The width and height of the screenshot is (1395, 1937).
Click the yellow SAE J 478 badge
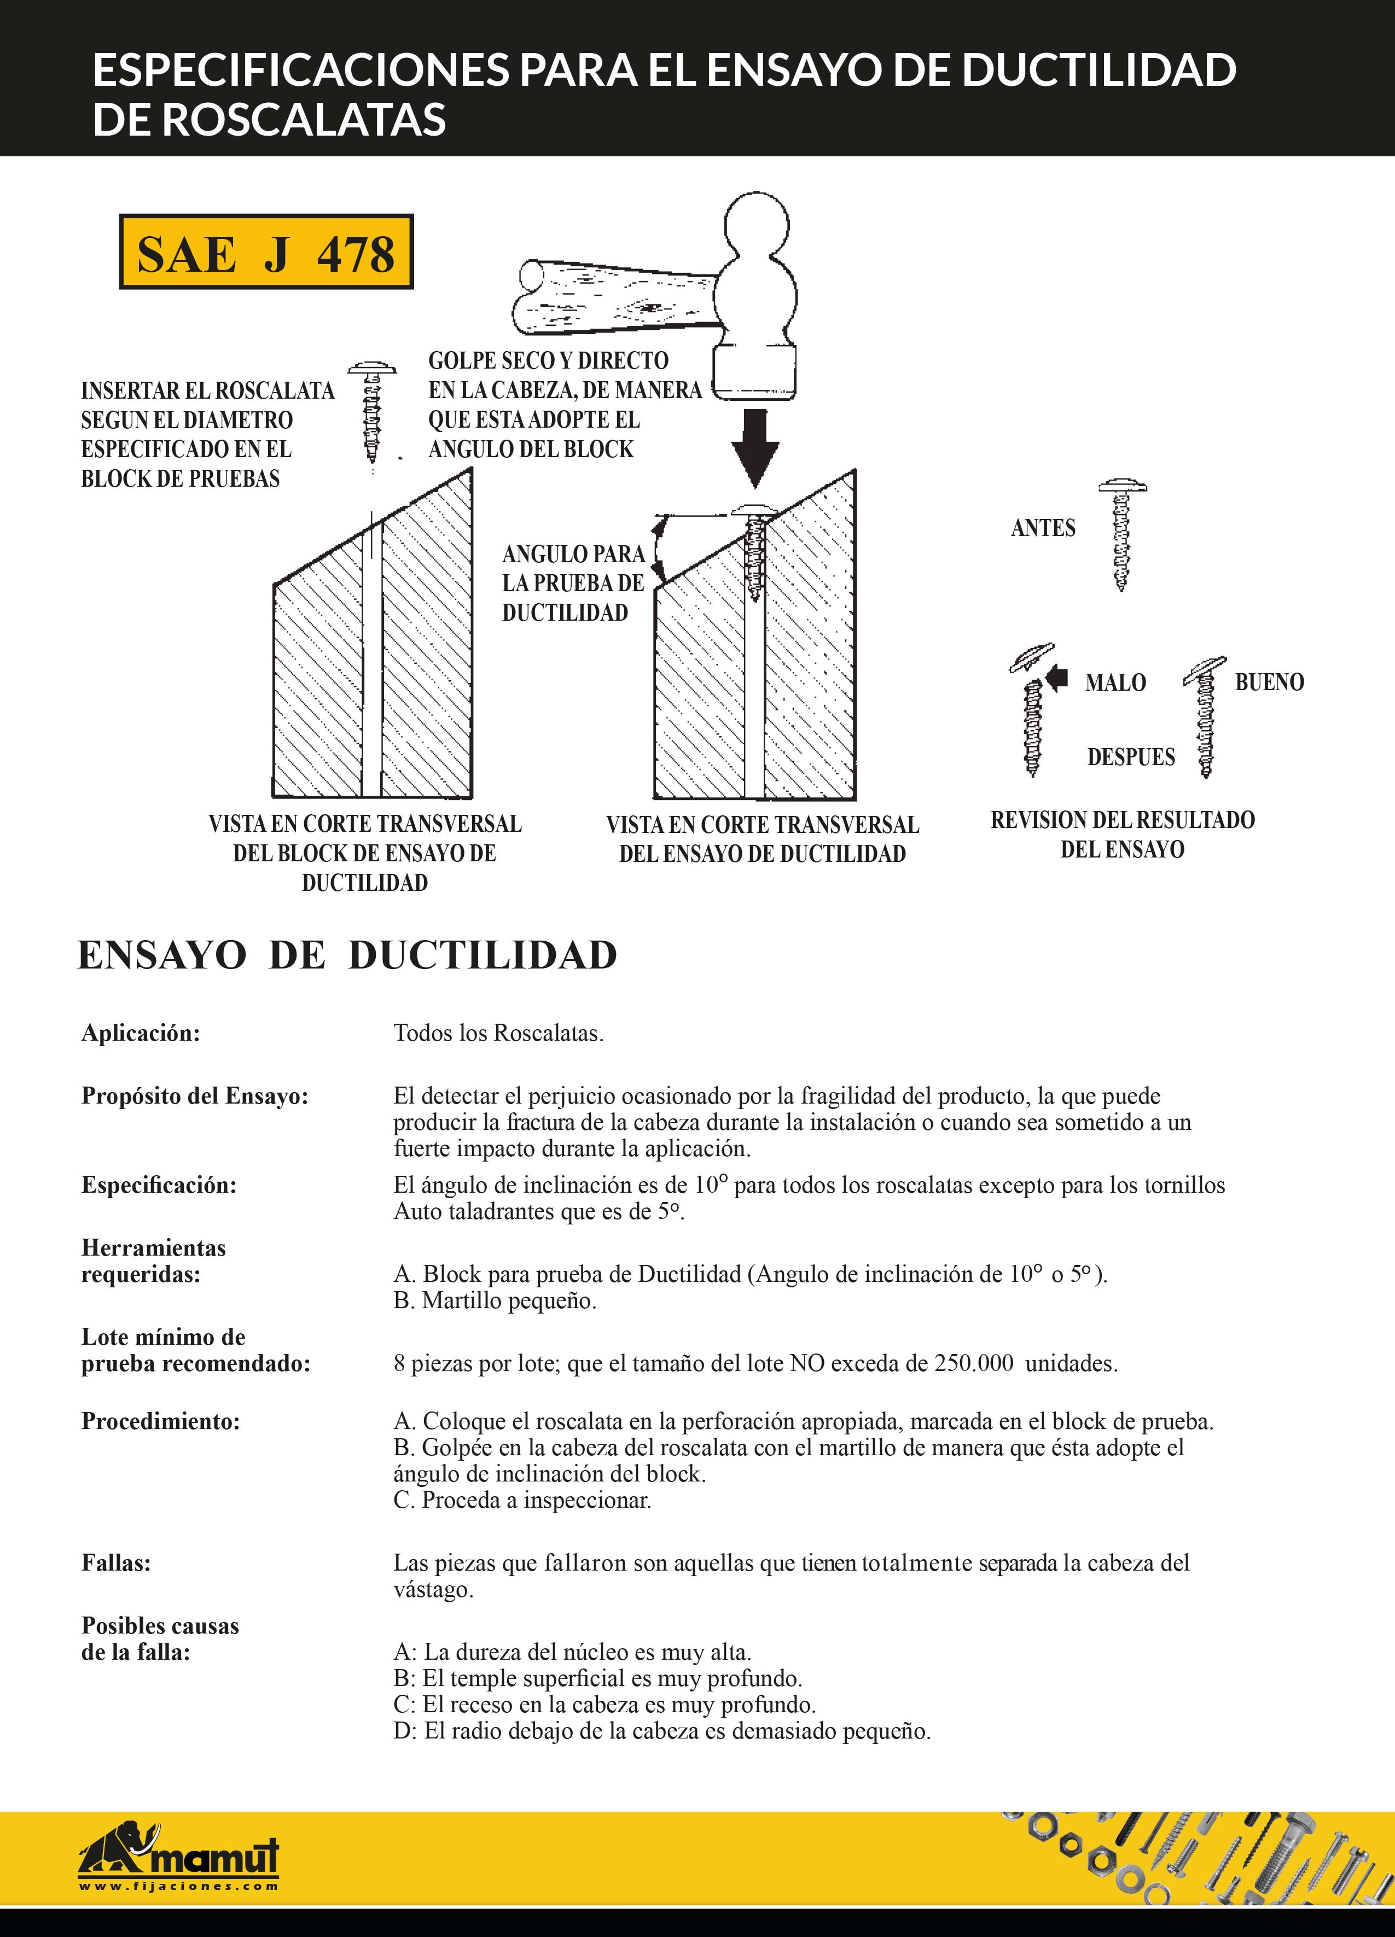266,252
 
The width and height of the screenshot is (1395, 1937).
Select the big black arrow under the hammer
755,447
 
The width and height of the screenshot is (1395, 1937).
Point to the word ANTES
1043,528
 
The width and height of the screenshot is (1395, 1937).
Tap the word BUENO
1269,682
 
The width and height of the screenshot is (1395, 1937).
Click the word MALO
1115,683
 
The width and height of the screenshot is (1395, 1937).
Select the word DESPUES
1131,757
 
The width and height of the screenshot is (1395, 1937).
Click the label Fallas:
116,1563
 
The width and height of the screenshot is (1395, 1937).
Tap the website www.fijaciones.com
178,1886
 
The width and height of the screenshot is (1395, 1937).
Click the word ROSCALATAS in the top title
304,119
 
